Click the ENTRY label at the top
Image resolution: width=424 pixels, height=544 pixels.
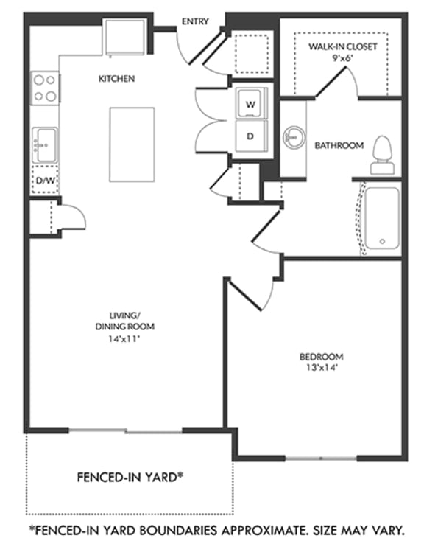coord(196,22)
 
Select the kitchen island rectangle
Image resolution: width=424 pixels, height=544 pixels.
coord(132,144)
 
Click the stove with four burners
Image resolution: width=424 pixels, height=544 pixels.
coord(45,87)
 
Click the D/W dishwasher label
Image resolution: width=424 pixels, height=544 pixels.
coord(44,181)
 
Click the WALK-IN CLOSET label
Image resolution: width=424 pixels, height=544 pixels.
coord(342,46)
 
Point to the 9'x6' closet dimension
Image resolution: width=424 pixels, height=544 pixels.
coord(342,57)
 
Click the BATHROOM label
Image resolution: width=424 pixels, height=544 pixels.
coord(339,146)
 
